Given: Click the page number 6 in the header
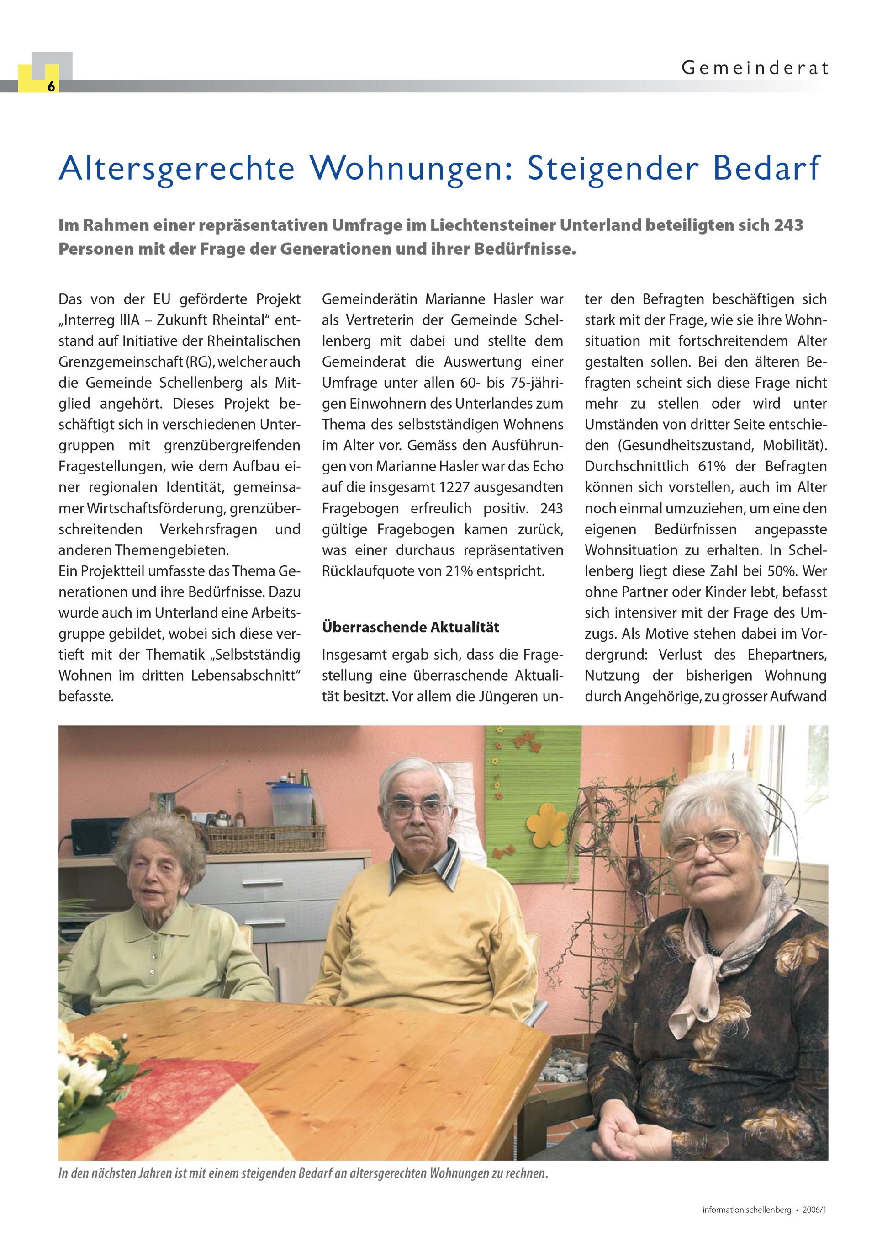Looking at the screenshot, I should (51, 86).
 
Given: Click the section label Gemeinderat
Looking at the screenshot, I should (754, 68).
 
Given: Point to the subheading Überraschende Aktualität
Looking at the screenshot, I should (410, 628).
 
